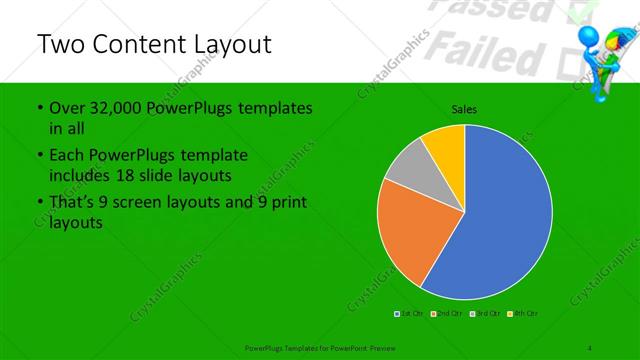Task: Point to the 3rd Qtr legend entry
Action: (x=484, y=314)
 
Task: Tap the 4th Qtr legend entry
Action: (x=525, y=314)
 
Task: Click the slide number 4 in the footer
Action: (x=590, y=347)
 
